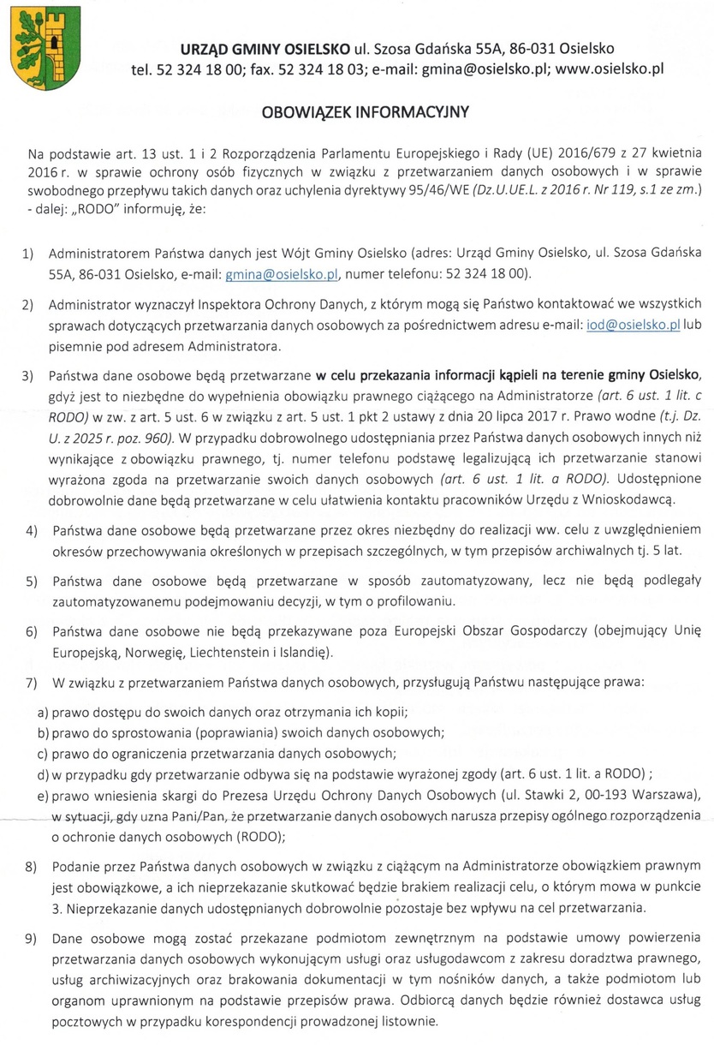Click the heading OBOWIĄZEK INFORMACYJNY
point(359,112)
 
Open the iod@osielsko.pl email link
point(621,325)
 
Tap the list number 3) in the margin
point(29,375)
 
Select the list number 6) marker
point(29,632)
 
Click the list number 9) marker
point(29,937)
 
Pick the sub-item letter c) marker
point(41,754)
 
